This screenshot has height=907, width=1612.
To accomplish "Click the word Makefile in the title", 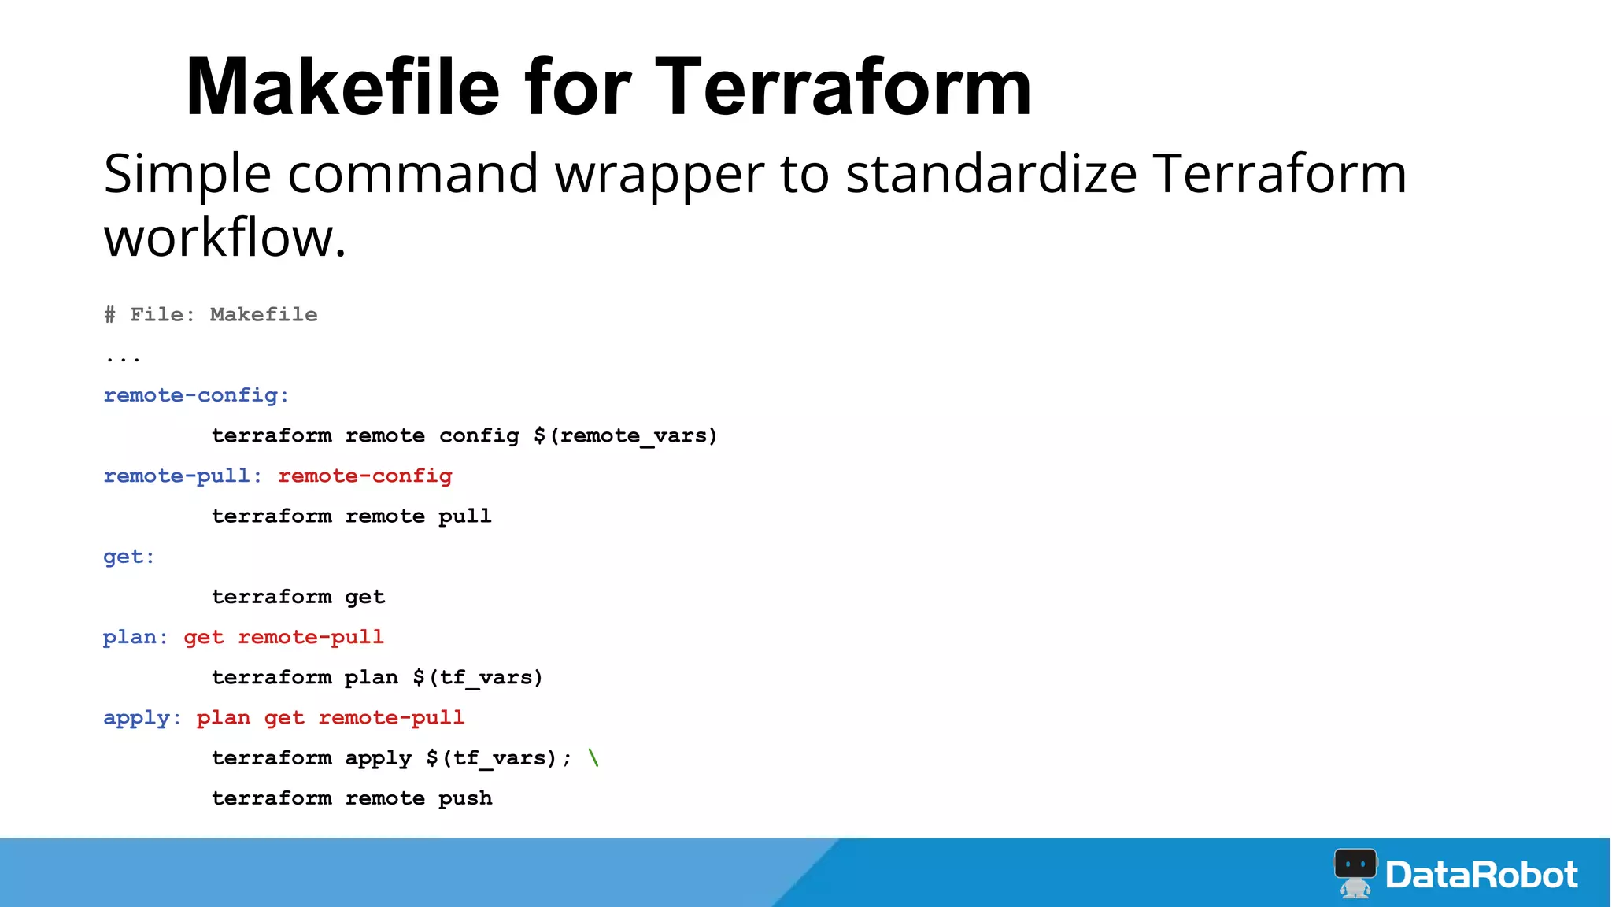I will coord(342,87).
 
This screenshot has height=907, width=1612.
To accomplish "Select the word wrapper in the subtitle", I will coord(660,175).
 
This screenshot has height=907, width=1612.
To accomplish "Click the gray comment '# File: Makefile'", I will coord(211,315).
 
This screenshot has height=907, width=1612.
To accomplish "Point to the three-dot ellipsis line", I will coord(123,358).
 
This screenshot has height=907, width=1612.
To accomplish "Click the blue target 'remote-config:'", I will coord(196,395).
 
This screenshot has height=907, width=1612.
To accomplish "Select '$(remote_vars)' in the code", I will coord(626,435).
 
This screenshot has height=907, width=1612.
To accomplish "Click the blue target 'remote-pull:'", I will coord(182,476).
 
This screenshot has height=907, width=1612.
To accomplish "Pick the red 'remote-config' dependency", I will coord(365,476).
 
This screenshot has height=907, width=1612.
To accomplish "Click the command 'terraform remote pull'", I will coord(351,516).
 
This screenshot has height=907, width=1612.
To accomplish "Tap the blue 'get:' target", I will coord(129,557).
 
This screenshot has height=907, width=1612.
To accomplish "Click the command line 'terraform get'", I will coord(298,597).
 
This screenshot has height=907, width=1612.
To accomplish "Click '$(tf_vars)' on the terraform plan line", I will coord(478,677).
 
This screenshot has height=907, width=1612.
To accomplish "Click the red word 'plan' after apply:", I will coord(224,718).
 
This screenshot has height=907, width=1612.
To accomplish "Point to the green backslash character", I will coord(593,757).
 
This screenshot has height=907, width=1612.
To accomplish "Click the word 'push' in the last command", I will coord(465,798).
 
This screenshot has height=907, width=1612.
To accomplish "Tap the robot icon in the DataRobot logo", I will coord(1355,872).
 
